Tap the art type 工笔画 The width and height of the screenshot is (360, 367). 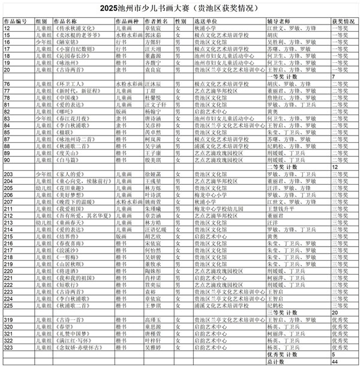point(124,91)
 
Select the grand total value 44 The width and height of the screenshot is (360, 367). point(335,361)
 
